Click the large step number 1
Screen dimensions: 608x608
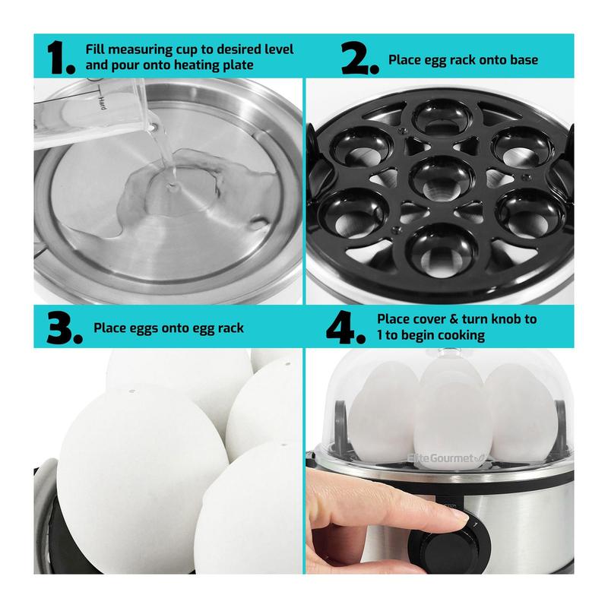pos(61,58)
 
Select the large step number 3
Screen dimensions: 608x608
pos(65,328)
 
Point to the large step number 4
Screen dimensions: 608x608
pos(346,328)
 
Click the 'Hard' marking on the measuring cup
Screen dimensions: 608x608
pos(102,103)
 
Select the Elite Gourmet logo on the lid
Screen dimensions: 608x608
pos(446,458)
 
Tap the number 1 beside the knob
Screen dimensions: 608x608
pos(474,525)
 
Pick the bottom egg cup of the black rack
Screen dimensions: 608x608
pos(442,250)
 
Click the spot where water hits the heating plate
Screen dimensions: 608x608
pos(171,187)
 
